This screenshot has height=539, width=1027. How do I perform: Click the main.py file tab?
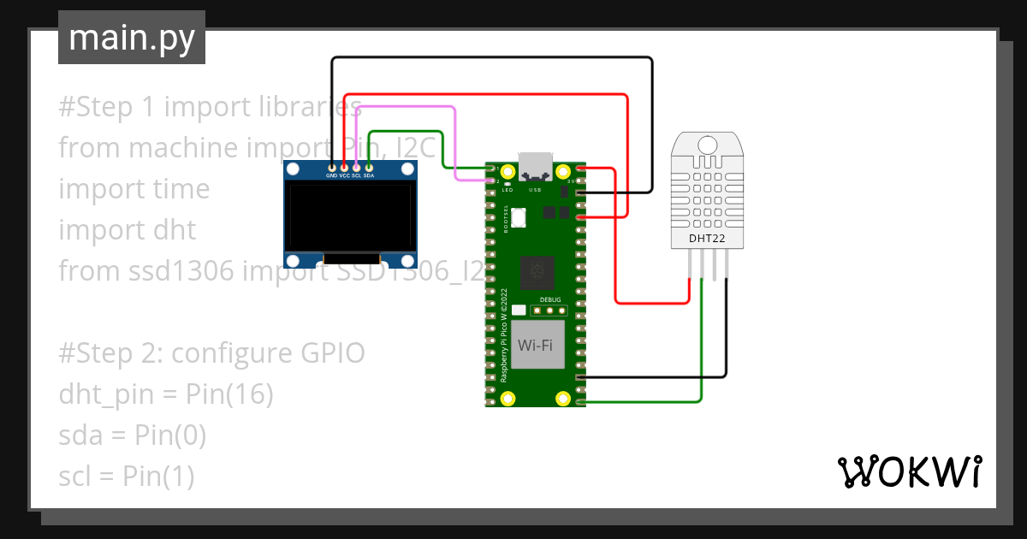click(131, 38)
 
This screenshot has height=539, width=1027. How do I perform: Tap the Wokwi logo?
click(908, 471)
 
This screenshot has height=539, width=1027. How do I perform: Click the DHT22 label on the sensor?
click(707, 239)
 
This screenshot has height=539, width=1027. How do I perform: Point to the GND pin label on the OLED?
click(331, 176)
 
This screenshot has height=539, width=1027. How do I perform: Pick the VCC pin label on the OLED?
click(344, 176)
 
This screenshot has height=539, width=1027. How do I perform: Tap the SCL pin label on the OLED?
click(356, 176)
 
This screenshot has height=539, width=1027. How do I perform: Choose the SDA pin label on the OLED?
click(369, 176)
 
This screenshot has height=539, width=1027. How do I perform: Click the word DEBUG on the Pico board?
click(550, 300)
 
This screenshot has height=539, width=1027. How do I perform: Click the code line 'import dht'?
click(127, 230)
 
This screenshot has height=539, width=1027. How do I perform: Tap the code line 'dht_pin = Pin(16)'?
click(165, 394)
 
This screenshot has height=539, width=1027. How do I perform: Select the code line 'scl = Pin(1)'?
click(126, 477)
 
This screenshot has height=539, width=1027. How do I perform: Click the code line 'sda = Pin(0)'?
click(132, 435)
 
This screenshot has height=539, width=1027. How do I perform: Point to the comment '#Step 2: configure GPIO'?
click(211, 353)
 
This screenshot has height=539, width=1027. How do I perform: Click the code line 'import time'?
click(134, 189)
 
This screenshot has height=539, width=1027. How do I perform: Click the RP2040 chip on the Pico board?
click(537, 273)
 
